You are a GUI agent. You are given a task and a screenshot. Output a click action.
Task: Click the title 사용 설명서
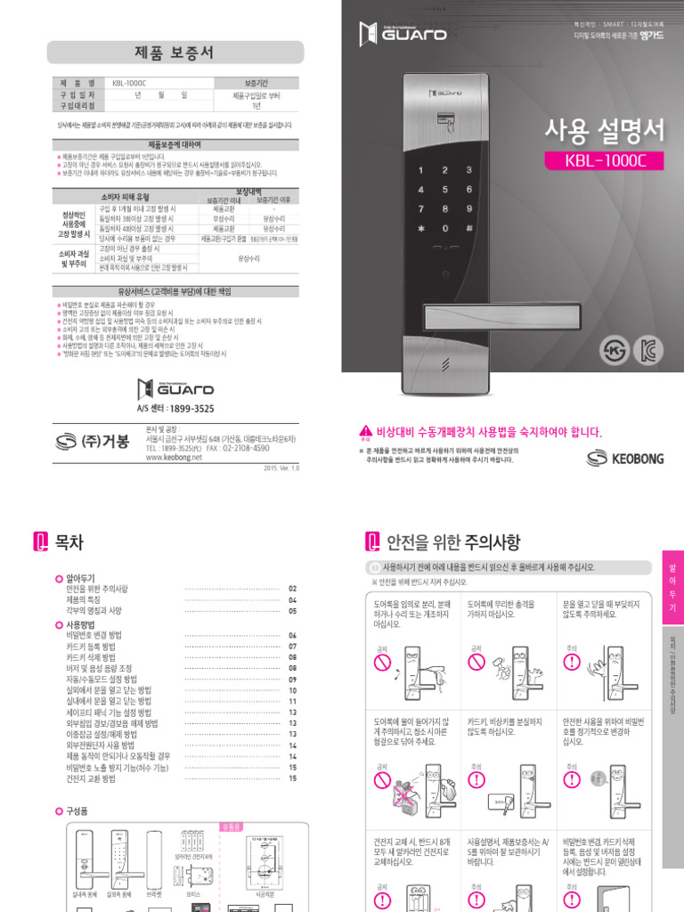point(605,131)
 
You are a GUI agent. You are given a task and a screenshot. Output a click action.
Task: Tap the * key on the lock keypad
point(420,229)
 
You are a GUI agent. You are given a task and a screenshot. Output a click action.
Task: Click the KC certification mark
point(648,349)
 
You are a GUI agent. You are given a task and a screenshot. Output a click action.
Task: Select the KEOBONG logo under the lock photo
point(626,458)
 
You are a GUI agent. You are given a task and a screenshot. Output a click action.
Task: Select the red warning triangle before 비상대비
point(363,431)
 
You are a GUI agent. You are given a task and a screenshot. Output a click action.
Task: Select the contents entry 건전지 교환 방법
point(91,778)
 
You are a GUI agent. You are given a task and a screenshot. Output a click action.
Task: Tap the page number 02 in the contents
point(292,589)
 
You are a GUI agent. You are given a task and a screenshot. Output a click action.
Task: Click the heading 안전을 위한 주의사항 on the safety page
point(453,541)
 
